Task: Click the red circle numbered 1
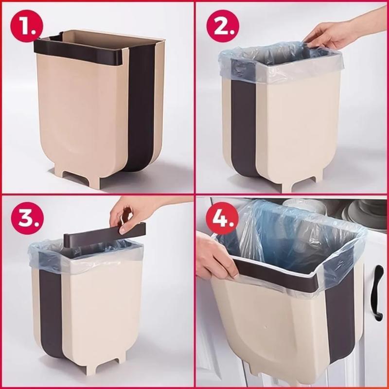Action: click(x=27, y=26)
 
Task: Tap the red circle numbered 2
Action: click(x=223, y=26)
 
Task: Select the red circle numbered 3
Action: click(x=27, y=218)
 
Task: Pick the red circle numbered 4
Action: click(x=222, y=218)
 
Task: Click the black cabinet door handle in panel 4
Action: click(x=378, y=293)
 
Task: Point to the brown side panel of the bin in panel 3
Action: click(x=51, y=313)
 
